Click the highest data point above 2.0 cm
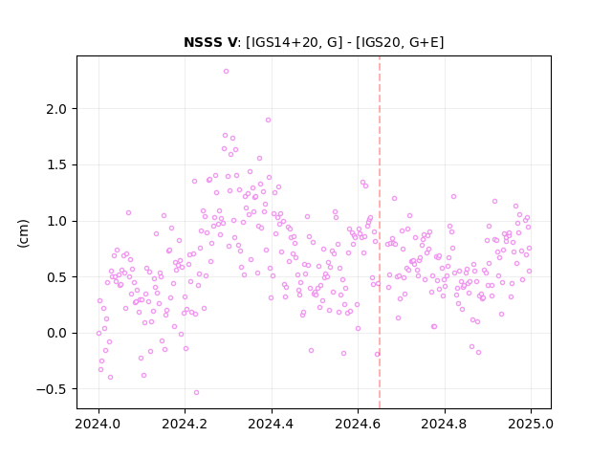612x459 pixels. tap(226, 72)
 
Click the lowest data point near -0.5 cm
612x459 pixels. tap(196, 393)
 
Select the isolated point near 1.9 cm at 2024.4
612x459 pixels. tap(268, 120)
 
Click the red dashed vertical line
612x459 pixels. tap(380, 232)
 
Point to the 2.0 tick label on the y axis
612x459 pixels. tap(56, 109)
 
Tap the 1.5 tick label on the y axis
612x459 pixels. tap(56, 165)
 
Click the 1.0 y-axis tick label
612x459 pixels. tap(56, 221)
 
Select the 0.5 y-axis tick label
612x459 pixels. tap(56, 277)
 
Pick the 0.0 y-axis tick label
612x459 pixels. tap(56, 334)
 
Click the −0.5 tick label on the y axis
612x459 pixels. tap(52, 389)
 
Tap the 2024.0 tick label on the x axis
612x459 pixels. tap(98, 424)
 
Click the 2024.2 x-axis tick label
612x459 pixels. tap(185, 424)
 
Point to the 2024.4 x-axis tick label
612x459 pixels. tap(272, 424)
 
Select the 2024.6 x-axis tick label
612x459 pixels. tap(358, 424)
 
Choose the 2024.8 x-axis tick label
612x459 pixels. tap(445, 424)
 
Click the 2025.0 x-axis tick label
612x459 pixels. tap(531, 424)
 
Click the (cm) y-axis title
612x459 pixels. tap(23, 233)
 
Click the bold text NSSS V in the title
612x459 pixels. tap(210, 42)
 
